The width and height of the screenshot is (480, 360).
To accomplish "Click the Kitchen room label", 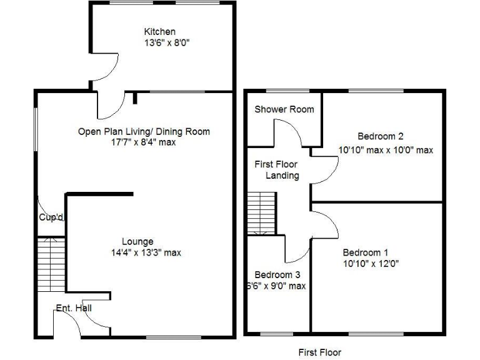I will click(x=159, y=32).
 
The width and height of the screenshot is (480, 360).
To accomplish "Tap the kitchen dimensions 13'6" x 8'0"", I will click(x=166, y=43).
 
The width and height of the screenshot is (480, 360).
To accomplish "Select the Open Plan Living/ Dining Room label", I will click(x=144, y=131).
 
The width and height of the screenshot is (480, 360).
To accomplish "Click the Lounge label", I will click(x=137, y=241).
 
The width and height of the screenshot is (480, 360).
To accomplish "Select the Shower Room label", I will click(x=284, y=109).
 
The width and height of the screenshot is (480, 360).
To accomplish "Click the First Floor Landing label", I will click(x=276, y=170).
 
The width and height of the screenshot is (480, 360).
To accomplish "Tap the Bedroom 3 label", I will click(x=277, y=275).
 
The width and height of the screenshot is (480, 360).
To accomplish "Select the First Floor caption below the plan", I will click(x=319, y=352).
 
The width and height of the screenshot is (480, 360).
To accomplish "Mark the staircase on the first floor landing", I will click(x=261, y=212).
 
